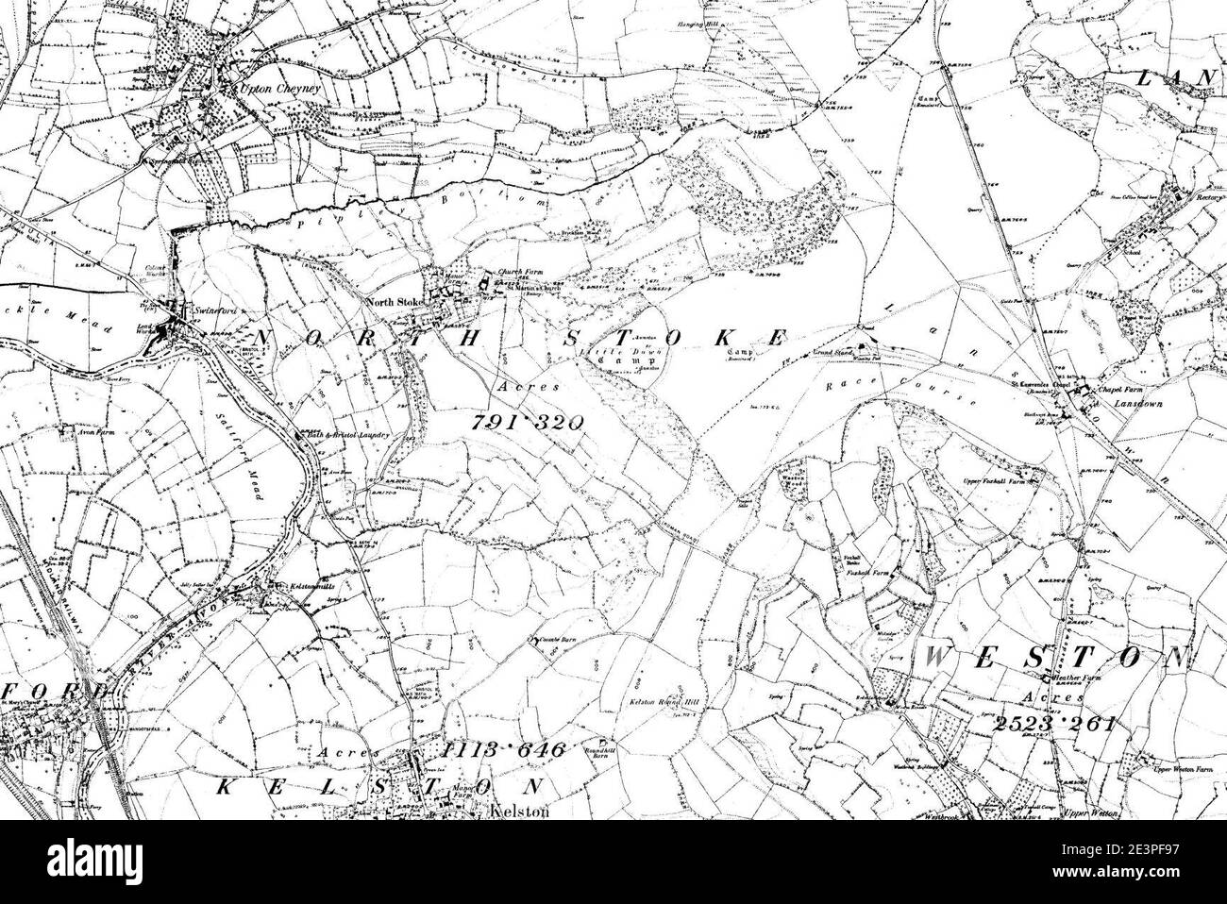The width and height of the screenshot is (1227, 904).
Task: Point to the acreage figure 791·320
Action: tap(526, 423)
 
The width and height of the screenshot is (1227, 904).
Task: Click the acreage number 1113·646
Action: tap(503, 750)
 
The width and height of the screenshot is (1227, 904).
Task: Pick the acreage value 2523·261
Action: tap(1053, 724)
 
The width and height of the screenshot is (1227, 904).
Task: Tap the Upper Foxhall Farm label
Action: tap(995, 481)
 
